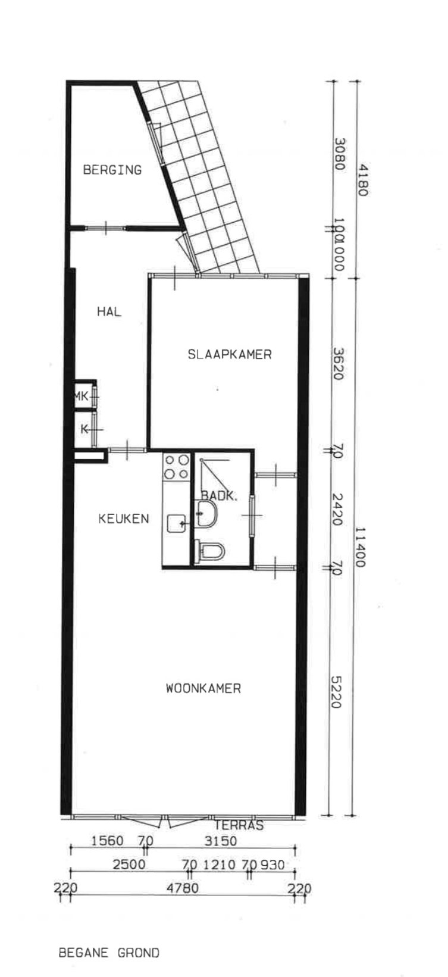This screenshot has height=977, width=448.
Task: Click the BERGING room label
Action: pyautogui.click(x=112, y=170)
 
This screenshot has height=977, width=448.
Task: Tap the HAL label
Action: pyautogui.click(x=109, y=311)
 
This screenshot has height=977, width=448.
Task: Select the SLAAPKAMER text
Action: pyautogui.click(x=230, y=354)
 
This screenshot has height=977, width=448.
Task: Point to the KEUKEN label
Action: pyautogui.click(x=123, y=519)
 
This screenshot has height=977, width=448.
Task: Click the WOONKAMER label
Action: pyautogui.click(x=203, y=689)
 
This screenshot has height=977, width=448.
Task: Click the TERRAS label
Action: pyautogui.click(x=239, y=825)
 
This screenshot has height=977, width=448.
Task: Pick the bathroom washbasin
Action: pyautogui.click(x=206, y=513)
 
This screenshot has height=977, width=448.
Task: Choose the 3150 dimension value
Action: pyautogui.click(x=220, y=841)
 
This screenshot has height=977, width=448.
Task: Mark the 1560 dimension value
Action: pyautogui.click(x=108, y=841)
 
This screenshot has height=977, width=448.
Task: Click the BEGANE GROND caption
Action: pyautogui.click(x=109, y=953)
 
